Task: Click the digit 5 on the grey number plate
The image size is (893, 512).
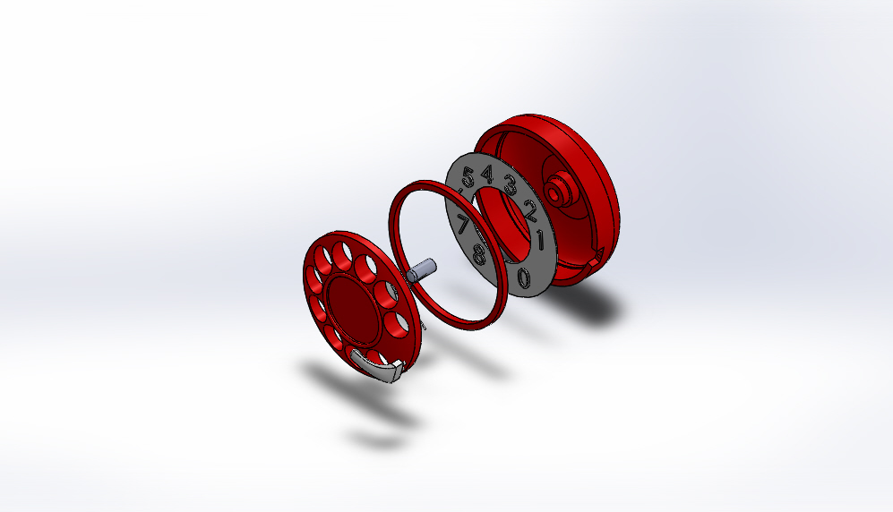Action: click(468, 177)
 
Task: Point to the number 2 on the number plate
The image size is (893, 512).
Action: click(530, 211)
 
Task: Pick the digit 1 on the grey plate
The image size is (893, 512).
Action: click(540, 240)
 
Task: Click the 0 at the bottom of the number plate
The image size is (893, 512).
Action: click(524, 277)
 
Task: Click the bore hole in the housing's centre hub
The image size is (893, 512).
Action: click(563, 187)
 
